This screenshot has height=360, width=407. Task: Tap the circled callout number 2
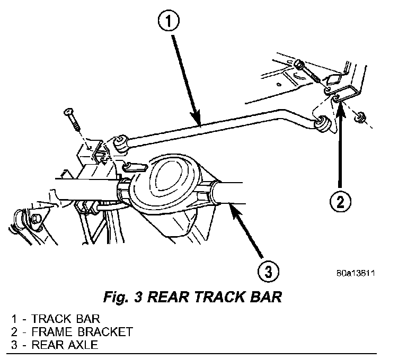[340, 201]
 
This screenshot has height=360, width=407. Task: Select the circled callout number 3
[268, 272]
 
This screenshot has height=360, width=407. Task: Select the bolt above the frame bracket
[304, 70]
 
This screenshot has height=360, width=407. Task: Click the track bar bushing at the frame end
[323, 125]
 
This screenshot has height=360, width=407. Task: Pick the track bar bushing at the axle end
[119, 141]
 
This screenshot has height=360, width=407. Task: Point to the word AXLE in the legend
[81, 345]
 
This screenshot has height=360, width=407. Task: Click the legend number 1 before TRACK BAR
[14, 320]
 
